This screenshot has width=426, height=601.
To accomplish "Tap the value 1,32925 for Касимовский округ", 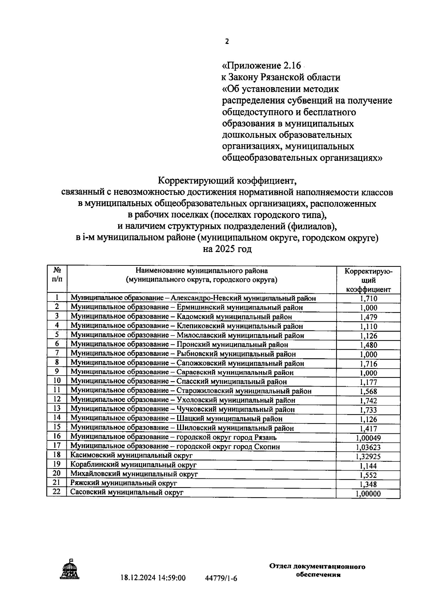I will pyautogui.click(x=368, y=456).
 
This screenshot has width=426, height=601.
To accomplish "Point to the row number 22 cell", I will pyautogui.click(x=57, y=492).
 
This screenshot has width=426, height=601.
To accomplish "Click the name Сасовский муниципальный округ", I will pyautogui.click(x=127, y=492).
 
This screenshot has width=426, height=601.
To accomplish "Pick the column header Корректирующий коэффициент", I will pyautogui.click(x=368, y=280).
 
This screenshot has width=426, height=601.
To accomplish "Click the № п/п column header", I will pyautogui.click(x=57, y=275).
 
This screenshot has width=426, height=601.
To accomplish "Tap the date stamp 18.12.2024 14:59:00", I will pyautogui.click(x=153, y=578).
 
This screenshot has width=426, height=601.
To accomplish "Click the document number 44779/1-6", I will pyautogui.click(x=221, y=578).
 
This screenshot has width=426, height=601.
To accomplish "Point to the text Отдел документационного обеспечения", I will pyautogui.click(x=317, y=571).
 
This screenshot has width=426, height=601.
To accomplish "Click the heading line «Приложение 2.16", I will pyautogui.click(x=262, y=66).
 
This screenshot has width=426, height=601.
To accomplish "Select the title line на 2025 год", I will pyautogui.click(x=227, y=249).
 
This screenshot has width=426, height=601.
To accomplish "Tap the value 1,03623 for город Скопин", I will pyautogui.click(x=368, y=447).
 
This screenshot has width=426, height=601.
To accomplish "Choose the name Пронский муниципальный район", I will pyautogui.click(x=179, y=344).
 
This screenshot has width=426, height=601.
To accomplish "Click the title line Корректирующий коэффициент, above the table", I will pyautogui.click(x=227, y=181).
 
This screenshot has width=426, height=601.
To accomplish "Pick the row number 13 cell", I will pyautogui.click(x=57, y=408).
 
